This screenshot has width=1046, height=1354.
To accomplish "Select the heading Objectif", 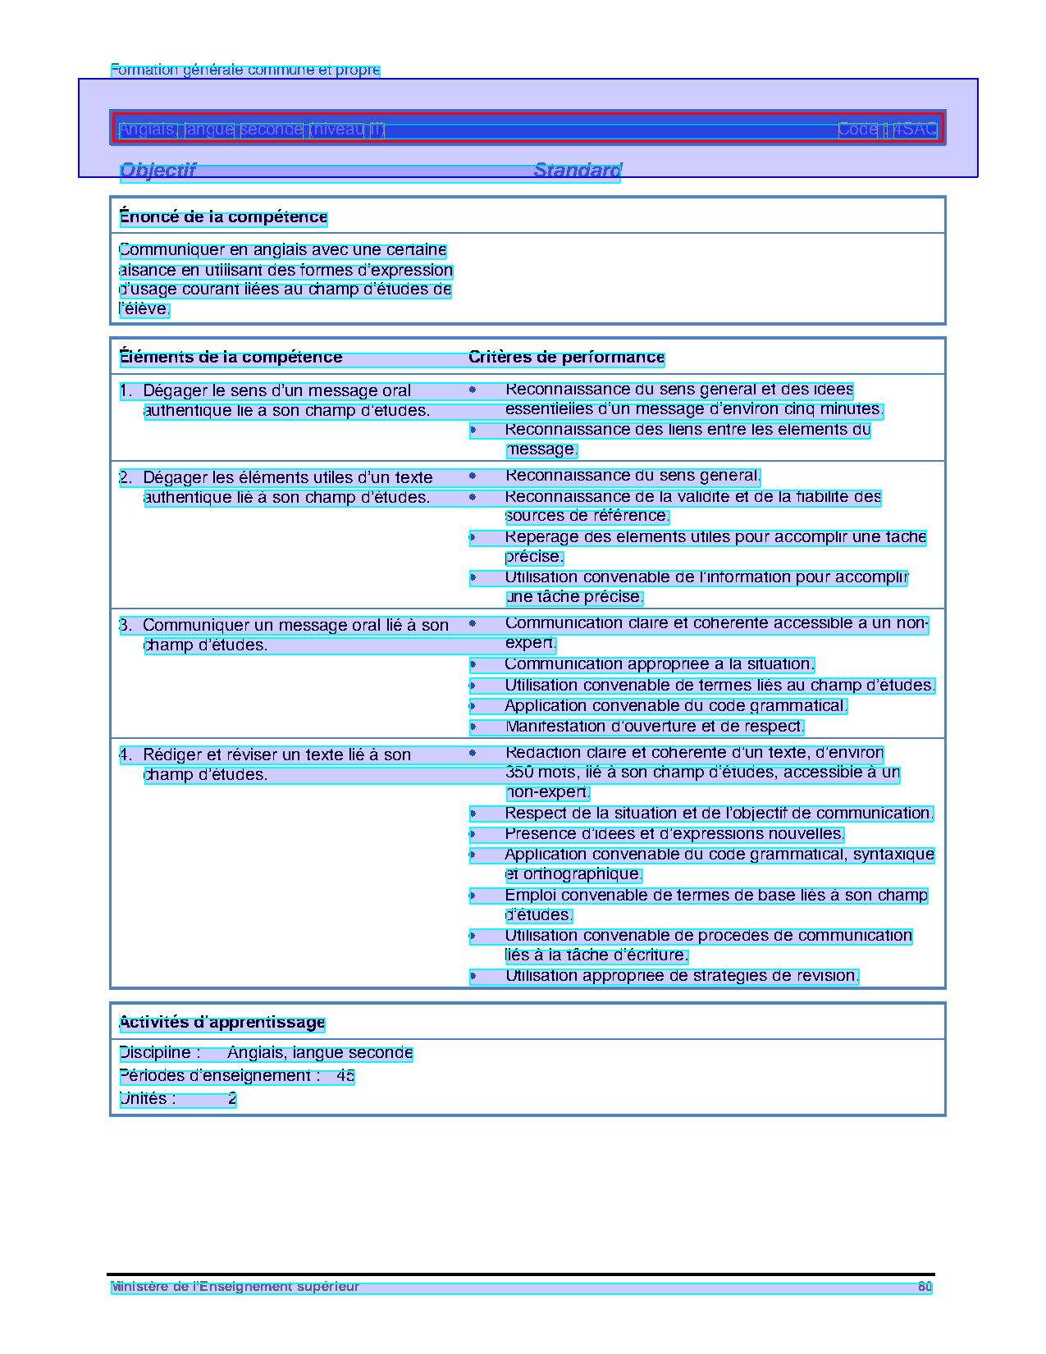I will pyautogui.click(x=158, y=171).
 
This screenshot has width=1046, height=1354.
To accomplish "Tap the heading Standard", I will pyautogui.click(x=578, y=171).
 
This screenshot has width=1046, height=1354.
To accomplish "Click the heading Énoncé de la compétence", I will pyautogui.click(x=223, y=217).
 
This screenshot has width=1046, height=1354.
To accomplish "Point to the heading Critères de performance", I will pyautogui.click(x=566, y=358).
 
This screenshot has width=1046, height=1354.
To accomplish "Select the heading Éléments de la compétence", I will pyautogui.click(x=231, y=358).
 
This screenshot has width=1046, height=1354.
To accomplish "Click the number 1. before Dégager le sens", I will pyautogui.click(x=126, y=391).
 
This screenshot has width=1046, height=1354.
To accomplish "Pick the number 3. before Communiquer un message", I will pyautogui.click(x=126, y=626).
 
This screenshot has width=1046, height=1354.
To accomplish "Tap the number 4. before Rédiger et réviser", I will pyautogui.click(x=126, y=755).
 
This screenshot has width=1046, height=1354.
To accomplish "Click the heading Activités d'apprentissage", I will pyautogui.click(x=222, y=1023).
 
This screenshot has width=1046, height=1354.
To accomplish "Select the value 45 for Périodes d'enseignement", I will pyautogui.click(x=345, y=1076).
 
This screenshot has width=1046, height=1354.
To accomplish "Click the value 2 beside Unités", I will pyautogui.click(x=232, y=1099).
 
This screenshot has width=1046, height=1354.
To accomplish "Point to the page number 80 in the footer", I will pyautogui.click(x=925, y=1287).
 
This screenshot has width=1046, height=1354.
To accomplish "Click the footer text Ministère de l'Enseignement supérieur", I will pyautogui.click(x=235, y=1287).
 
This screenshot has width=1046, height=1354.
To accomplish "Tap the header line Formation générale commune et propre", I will pyautogui.click(x=245, y=70).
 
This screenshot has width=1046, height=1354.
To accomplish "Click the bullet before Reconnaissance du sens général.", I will pyautogui.click(x=473, y=476).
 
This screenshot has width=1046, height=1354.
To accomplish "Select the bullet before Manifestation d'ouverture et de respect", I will pyautogui.click(x=473, y=727).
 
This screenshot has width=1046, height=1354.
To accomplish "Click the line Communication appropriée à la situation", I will pyautogui.click(x=659, y=664).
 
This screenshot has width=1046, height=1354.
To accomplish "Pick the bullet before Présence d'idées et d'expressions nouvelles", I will pyautogui.click(x=473, y=834).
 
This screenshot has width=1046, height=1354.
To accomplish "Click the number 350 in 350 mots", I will pyautogui.click(x=519, y=773).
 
